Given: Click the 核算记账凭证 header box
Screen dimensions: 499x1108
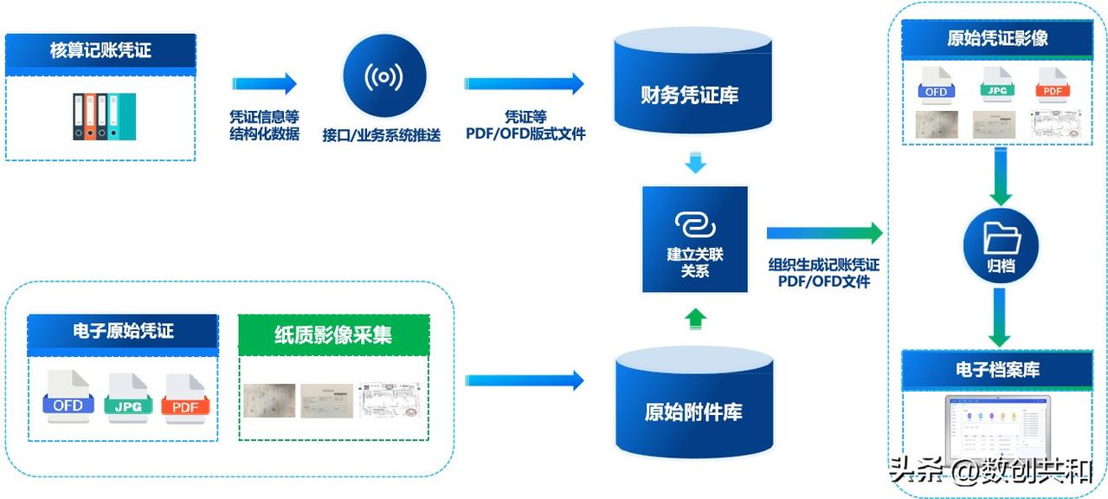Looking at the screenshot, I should pos(100,51).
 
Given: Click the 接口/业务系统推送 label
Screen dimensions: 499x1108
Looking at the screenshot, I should pos(381,136).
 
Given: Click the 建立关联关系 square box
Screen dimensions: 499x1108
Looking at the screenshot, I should pos(694,238).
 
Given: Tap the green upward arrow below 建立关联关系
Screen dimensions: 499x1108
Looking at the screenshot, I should pos(695,317).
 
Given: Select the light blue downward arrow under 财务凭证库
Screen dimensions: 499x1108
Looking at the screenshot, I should pos(695,163).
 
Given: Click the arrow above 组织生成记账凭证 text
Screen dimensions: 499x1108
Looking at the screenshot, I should pos(823,232).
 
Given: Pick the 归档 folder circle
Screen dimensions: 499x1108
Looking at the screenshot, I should pos(1000,247).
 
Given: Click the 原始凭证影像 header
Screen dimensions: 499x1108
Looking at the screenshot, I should pos(997,39).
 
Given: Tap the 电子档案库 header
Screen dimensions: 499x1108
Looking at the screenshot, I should pos(997,370).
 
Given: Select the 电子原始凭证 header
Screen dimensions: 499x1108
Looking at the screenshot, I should pos(122,332).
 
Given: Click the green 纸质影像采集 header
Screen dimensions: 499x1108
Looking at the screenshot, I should pos(333,334).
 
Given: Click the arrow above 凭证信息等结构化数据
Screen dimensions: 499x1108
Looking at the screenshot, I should pos(264,83).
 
